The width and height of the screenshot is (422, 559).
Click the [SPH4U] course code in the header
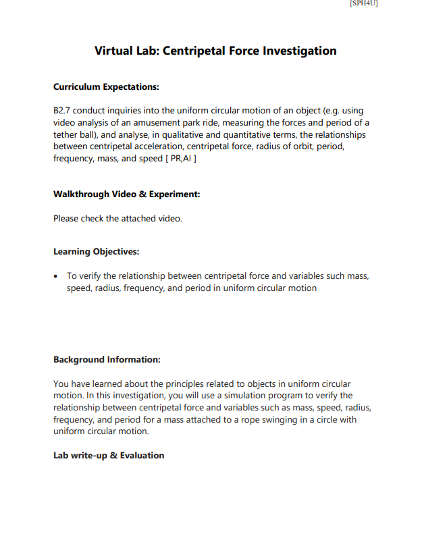(x=363, y=3)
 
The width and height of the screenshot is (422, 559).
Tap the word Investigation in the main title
(x=300, y=51)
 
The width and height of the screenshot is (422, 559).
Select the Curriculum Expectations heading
(x=106, y=87)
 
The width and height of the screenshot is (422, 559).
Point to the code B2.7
(x=62, y=110)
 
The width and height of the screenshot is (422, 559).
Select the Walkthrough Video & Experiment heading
(x=126, y=194)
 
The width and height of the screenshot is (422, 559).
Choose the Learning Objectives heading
(x=96, y=252)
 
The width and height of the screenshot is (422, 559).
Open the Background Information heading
(x=106, y=360)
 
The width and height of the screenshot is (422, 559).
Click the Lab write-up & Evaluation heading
(x=109, y=456)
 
